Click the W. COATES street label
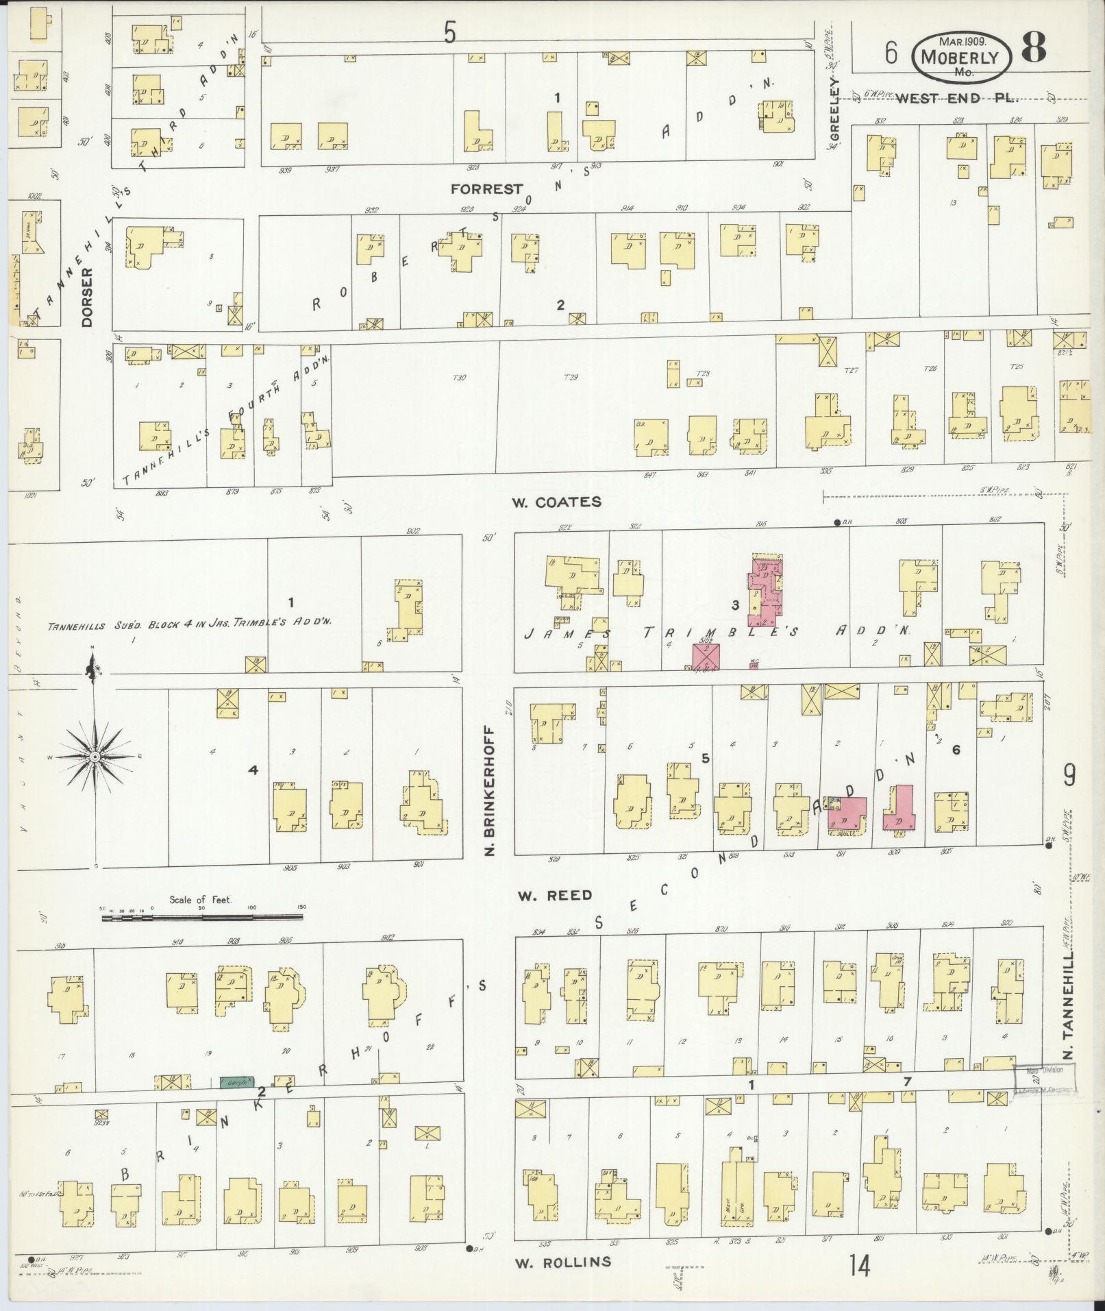(x=556, y=502)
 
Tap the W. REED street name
(x=554, y=895)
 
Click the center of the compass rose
(x=95, y=757)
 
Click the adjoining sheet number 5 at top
(x=449, y=33)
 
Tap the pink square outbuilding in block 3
(x=706, y=656)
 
